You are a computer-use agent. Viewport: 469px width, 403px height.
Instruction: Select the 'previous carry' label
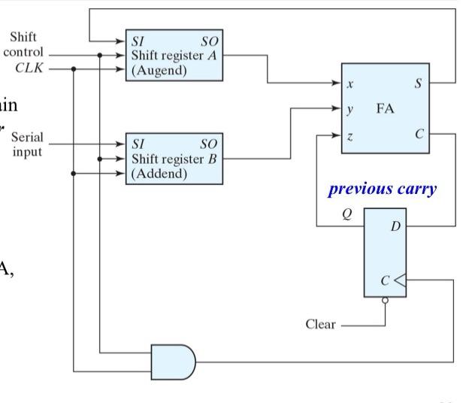[x=382, y=189]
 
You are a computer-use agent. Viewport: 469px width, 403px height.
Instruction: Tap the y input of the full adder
[x=349, y=109]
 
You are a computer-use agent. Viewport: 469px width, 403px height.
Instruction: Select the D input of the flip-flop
[x=395, y=226]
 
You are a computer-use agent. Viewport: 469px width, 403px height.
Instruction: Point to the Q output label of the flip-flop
[x=346, y=214]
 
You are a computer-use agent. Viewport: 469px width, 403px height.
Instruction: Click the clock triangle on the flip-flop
[x=401, y=280]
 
